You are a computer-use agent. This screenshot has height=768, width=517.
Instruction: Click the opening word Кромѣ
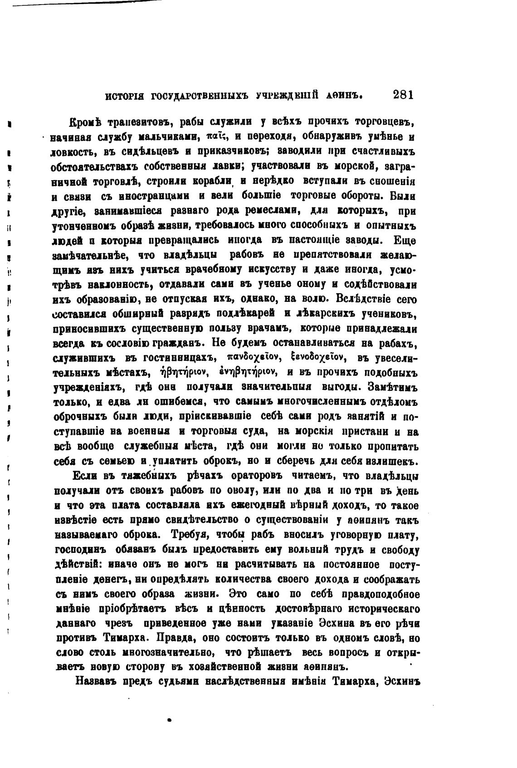coord(84,122)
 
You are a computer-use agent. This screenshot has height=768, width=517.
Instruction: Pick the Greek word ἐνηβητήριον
coord(246,373)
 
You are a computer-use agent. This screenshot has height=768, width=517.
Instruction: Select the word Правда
coord(175,638)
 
